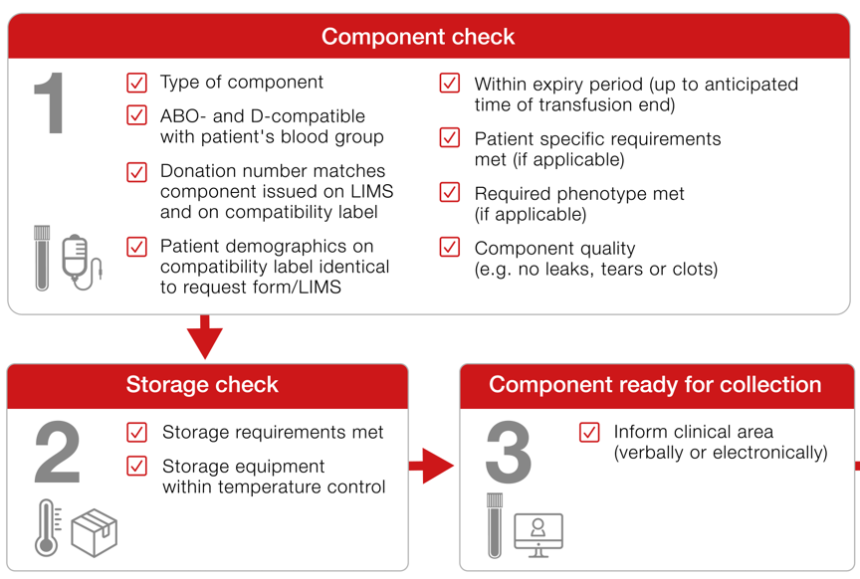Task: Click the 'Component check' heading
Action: coord(418,37)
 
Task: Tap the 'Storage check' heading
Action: coord(202,384)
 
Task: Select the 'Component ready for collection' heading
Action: coord(655,384)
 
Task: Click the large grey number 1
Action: coord(50,103)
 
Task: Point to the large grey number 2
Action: coord(58,452)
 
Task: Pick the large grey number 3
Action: coord(509,452)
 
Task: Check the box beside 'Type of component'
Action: coord(137,83)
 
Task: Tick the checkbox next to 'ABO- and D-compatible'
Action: coord(137,115)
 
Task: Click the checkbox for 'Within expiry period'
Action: coord(450,84)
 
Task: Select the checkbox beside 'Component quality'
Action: coord(450,248)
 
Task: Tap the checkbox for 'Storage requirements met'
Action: coord(137,432)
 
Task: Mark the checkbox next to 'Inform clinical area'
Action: coord(589,432)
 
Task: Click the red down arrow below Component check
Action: coord(205,337)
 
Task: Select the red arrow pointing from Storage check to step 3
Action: coord(432,466)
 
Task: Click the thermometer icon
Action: coord(48,528)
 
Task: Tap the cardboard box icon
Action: coord(95,533)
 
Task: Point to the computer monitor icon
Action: coord(538,535)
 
